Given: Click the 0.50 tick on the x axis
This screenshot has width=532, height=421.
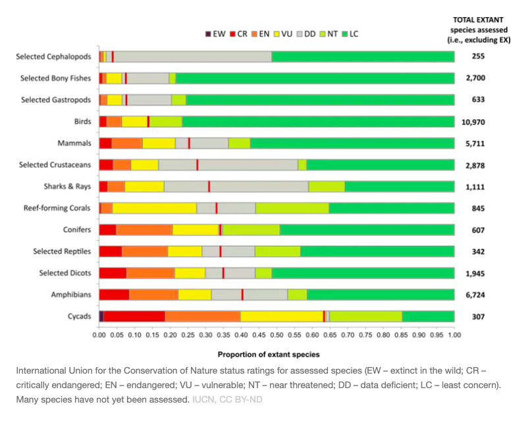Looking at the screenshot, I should point(277,334).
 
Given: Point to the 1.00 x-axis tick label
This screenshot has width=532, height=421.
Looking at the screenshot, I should point(454,334).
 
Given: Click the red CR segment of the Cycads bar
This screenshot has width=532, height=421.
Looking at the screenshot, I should point(134,316).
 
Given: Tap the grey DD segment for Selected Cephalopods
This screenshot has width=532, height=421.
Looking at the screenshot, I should point(193,57).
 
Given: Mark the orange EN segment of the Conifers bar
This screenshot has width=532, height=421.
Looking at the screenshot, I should point(144,230).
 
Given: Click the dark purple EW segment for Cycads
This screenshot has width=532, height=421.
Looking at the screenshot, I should point(101,316).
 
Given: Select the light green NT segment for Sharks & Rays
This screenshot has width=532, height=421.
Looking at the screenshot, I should point(326,186).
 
